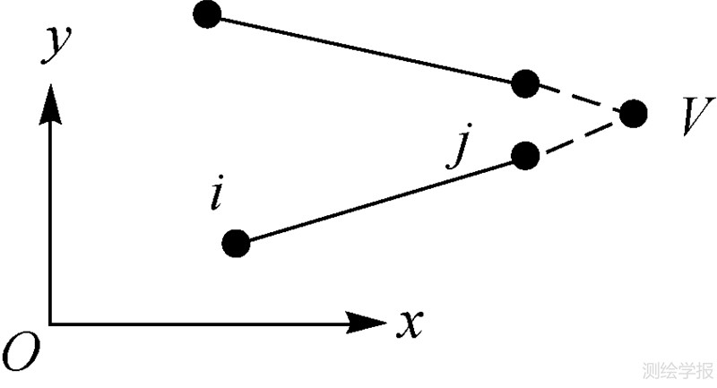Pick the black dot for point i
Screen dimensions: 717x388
pyautogui.click(x=236, y=243)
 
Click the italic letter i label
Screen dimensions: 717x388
pyautogui.click(x=215, y=194)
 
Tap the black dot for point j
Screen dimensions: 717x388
pyautogui.click(x=525, y=156)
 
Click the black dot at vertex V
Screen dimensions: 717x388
pyautogui.click(x=633, y=113)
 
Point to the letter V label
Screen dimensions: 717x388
pyautogui.click(x=691, y=116)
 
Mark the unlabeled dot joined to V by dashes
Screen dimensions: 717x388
pyautogui.click(x=525, y=84)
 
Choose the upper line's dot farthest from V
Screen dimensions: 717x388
pyautogui.click(x=207, y=14)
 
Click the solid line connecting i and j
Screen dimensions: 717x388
pyautogui.click(x=381, y=199)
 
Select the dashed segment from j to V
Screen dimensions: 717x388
pyautogui.click(x=579, y=134)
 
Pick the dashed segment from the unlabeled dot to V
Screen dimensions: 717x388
pyautogui.click(x=579, y=99)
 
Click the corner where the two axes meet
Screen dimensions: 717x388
pyautogui.click(x=49, y=323)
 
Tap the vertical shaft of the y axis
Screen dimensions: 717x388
pyautogui.click(x=49, y=215)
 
